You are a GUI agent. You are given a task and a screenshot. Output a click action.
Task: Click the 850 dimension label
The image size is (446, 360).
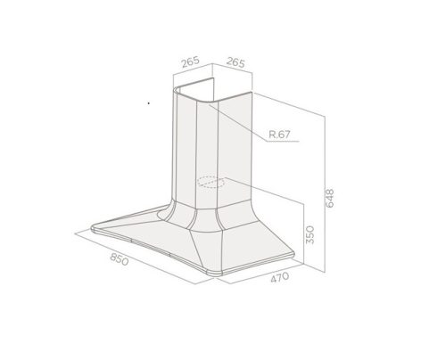tap(120, 259)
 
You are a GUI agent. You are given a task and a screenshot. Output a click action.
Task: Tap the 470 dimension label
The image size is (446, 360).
tap(280, 277)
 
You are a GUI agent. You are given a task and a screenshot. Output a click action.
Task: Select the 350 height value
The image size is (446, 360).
tap(310, 234)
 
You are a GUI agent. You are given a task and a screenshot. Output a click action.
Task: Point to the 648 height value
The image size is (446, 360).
tap(330, 198)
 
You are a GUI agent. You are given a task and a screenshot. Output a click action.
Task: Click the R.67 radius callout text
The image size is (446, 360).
tap(279, 135)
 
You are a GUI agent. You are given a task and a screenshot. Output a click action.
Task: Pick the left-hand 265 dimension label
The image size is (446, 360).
tap(190, 62)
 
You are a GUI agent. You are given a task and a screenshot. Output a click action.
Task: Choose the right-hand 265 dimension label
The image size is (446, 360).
tap(235, 62)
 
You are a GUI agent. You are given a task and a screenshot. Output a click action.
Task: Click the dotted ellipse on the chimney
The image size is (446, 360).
tap(211, 182)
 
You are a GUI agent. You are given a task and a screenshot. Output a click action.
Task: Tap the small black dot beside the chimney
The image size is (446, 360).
tap(149, 103)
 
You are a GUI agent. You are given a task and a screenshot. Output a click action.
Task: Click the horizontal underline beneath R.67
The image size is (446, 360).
tap(283, 141)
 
